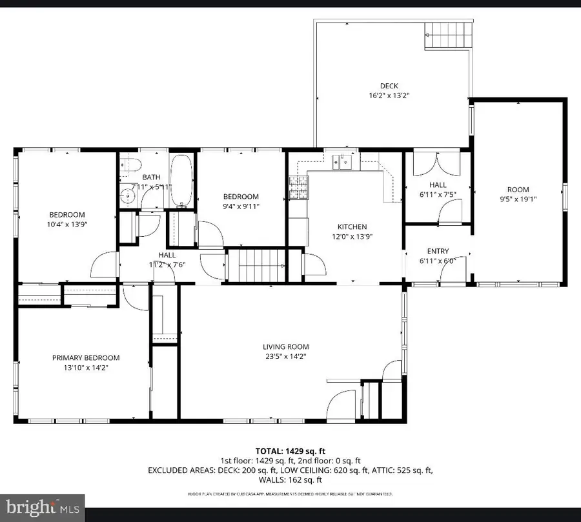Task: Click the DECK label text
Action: tap(389, 86)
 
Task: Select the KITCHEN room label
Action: tap(352, 226)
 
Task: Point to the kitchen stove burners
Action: tap(298, 188)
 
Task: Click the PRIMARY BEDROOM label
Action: tap(86, 357)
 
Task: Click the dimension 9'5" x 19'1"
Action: tap(518, 199)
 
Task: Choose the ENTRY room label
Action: tap(438, 251)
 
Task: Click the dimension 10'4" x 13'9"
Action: tap(67, 224)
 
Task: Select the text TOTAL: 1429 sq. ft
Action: tap(290, 451)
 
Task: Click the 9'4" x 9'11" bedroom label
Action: tap(241, 206)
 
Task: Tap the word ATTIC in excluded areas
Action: tap(385, 470)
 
